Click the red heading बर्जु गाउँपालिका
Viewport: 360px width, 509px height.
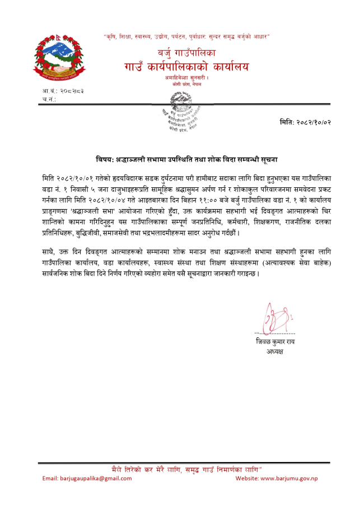point(185,54)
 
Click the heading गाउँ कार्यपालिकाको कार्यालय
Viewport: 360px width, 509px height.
point(185,68)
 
